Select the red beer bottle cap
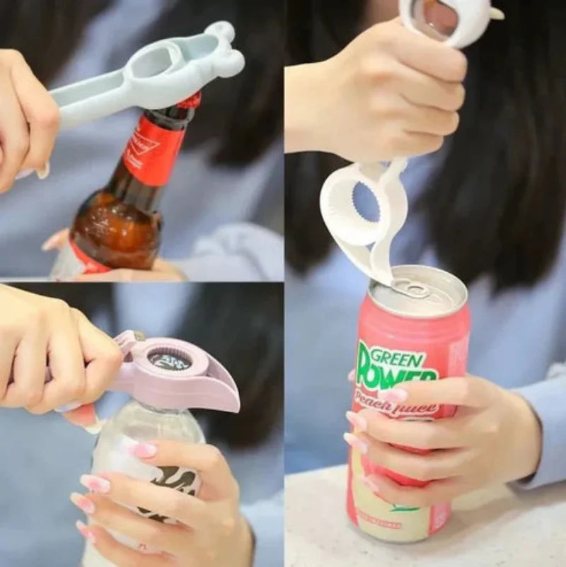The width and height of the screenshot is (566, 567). [x=190, y=101]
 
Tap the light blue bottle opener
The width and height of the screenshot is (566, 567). [x=141, y=78]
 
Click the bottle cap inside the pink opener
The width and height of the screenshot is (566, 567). [x=170, y=361]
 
